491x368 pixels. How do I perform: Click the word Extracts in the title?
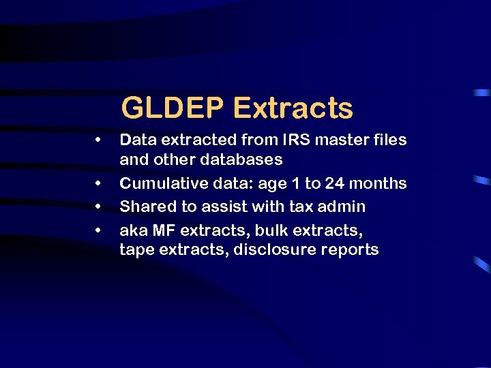coord(293,108)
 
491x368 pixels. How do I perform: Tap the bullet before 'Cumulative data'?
coord(99,184)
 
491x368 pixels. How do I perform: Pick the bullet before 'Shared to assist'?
coord(99,206)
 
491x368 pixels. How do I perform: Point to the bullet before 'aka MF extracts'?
coord(99,228)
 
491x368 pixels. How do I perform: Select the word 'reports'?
coord(350,250)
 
